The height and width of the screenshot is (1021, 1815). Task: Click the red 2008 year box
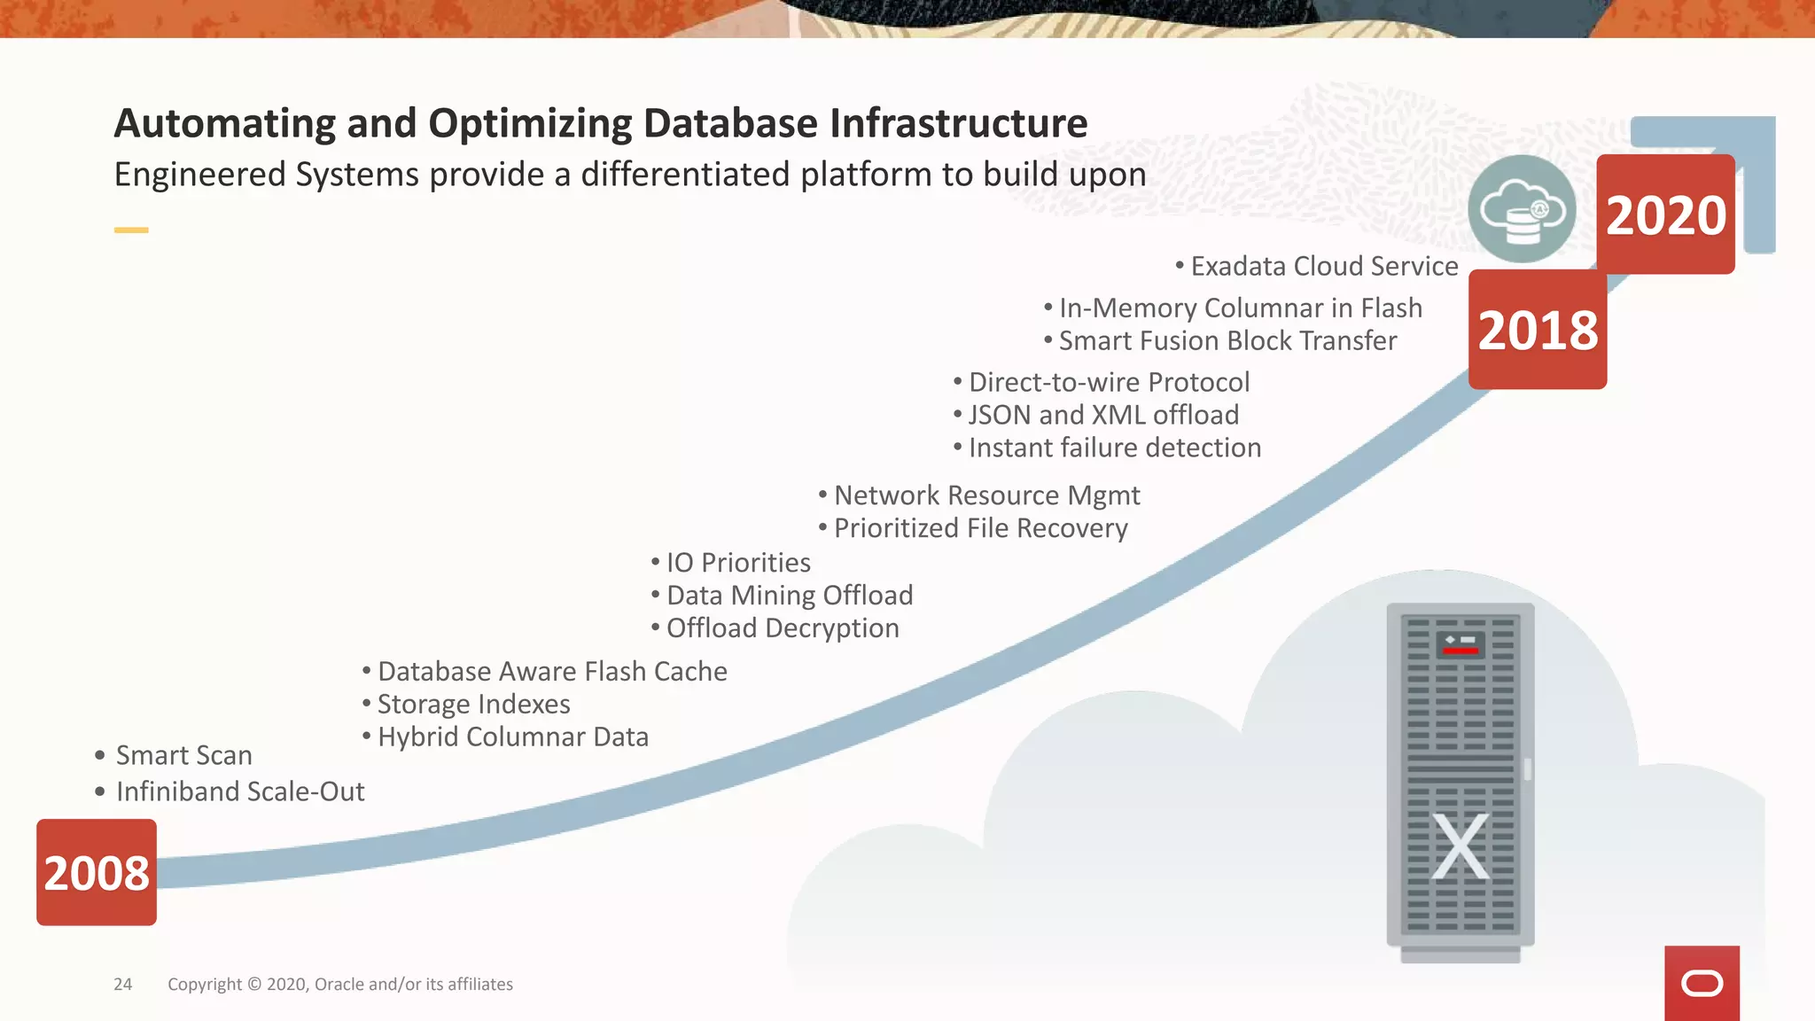pyautogui.click(x=97, y=872)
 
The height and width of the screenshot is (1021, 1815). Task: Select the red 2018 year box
pyautogui.click(x=1538, y=330)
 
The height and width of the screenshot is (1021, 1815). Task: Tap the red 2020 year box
pyautogui.click(x=1665, y=214)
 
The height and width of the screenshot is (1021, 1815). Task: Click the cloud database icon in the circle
pyautogui.click(x=1522, y=210)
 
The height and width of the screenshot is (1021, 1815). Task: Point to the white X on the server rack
pyautogui.click(x=1461, y=846)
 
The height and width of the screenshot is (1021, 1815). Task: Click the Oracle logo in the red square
pyautogui.click(x=1702, y=984)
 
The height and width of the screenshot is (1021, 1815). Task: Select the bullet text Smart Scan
pyautogui.click(x=183, y=755)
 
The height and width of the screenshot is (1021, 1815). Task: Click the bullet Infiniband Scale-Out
pyautogui.click(x=240, y=791)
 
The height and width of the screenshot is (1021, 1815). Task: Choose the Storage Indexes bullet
pyautogui.click(x=473, y=705)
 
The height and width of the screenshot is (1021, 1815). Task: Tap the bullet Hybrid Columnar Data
pyautogui.click(x=512, y=737)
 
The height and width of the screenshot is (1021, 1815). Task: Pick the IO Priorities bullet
pyautogui.click(x=738, y=563)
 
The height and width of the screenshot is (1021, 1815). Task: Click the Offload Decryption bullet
pyautogui.click(x=783, y=628)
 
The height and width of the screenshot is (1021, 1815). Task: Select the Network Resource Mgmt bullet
pyautogui.click(x=986, y=495)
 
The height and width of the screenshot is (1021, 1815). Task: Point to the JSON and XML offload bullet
pyautogui.click(x=1103, y=415)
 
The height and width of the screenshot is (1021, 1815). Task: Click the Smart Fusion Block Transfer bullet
pyautogui.click(x=1227, y=341)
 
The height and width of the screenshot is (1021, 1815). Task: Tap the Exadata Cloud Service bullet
pyautogui.click(x=1324, y=267)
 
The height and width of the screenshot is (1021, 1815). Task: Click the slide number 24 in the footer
pyautogui.click(x=123, y=985)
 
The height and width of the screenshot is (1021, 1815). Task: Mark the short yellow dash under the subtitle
pyautogui.click(x=131, y=230)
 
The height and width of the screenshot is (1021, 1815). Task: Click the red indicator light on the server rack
pyautogui.click(x=1460, y=651)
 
